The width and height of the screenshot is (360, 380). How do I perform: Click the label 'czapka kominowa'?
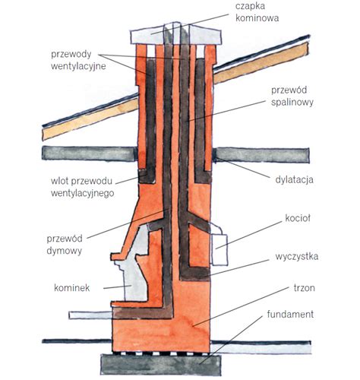pos(257,12)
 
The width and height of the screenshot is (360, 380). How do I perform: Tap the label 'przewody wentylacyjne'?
pos(78,60)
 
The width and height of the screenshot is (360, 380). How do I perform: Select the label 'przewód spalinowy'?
pos(292,97)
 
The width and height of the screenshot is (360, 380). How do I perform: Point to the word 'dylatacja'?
pos(294,179)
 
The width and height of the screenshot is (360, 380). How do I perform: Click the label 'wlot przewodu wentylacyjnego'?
pos(82,187)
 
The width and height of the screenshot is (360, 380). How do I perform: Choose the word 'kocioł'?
pos(298,218)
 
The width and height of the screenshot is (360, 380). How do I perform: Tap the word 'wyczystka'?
pos(297,257)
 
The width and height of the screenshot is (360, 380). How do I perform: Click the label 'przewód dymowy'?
pos(65,245)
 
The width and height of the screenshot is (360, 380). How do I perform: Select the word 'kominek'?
pos(72,288)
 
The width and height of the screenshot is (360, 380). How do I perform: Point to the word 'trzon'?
pos(305,288)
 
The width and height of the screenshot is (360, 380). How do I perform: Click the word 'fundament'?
pos(290,314)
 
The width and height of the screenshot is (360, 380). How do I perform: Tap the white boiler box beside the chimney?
pos(219,249)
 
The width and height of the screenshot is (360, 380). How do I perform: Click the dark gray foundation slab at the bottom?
pos(161,365)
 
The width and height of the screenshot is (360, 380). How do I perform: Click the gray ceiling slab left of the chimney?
pos(90,154)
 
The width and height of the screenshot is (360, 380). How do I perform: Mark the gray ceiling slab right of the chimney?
pos(261,155)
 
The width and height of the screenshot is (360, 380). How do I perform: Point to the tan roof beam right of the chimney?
pos(261,63)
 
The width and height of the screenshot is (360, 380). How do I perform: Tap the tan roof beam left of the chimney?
pos(90,119)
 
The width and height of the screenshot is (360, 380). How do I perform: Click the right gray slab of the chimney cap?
pos(205,36)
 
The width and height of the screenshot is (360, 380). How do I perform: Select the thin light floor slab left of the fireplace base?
pos(90,315)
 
